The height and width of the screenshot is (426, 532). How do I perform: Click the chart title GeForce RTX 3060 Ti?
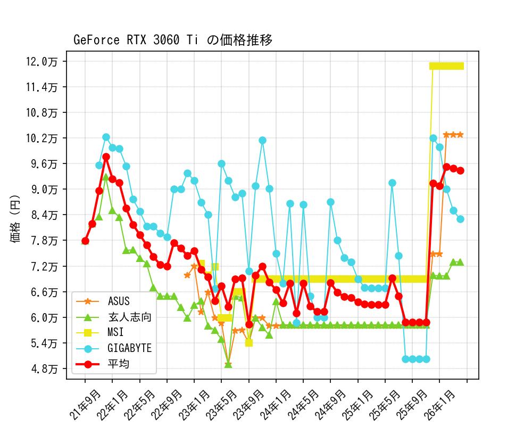point(173,40)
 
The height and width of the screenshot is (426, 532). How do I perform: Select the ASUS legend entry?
point(119,301)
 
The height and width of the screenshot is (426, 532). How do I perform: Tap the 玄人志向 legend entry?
point(130,317)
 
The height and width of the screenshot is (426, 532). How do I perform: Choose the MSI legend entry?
point(115,332)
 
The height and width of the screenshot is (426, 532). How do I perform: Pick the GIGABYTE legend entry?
point(130,348)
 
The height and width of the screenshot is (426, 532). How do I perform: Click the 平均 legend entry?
point(118,364)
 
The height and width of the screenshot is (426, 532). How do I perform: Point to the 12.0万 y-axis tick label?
point(45,61)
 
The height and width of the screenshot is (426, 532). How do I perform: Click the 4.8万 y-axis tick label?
point(45,368)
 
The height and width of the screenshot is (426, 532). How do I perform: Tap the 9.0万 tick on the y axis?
point(45,189)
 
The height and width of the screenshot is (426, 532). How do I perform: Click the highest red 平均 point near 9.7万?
point(106,157)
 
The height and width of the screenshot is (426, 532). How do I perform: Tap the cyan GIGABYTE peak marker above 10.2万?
point(106,137)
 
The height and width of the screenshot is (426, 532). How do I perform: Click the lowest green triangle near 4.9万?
point(228,365)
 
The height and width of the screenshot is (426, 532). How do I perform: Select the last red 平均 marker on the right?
point(460,170)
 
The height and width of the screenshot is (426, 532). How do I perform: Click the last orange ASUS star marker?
point(460,135)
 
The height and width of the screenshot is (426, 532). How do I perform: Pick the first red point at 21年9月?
point(85,241)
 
